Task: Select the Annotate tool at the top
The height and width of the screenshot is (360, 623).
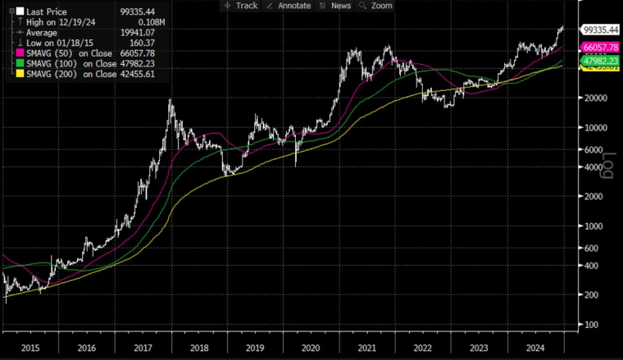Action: [x=289, y=6]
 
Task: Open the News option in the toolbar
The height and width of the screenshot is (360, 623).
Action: [x=336, y=6]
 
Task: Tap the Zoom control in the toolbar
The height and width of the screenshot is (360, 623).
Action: [x=376, y=6]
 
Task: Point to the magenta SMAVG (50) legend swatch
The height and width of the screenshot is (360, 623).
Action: [x=9, y=53]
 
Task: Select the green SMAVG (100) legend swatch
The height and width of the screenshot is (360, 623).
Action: [x=9, y=63]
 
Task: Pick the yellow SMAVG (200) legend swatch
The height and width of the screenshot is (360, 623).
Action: [x=9, y=74]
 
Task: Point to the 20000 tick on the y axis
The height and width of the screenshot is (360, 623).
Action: [x=595, y=98]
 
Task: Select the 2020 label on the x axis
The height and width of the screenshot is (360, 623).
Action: [x=310, y=348]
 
